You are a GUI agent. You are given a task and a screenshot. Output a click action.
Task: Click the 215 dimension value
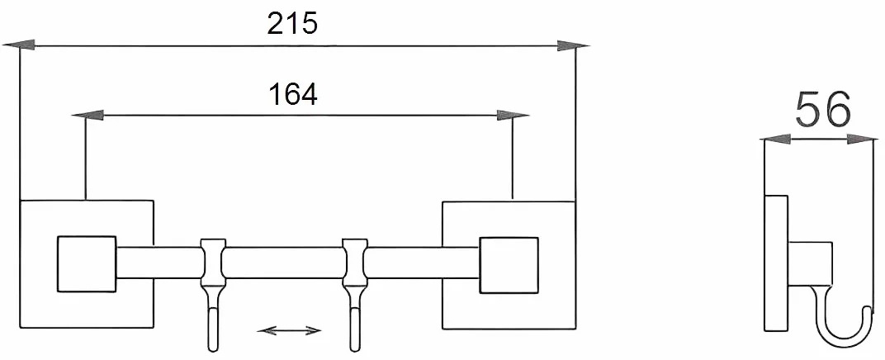[292, 23]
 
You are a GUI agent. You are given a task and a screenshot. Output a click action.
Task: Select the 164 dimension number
[292, 94]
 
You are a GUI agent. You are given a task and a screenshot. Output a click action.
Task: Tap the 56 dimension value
[822, 110]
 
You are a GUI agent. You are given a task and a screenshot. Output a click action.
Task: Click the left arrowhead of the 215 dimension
[19, 45]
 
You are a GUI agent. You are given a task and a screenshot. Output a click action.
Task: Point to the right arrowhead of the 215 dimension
[573, 45]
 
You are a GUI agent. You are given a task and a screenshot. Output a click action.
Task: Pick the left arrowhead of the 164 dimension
[88, 115]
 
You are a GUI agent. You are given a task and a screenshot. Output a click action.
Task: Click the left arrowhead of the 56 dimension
[774, 140]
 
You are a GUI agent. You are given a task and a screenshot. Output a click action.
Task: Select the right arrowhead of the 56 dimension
[863, 140]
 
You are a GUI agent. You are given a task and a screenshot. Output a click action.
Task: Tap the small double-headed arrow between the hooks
[289, 330]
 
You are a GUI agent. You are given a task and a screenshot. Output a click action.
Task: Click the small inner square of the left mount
[87, 263]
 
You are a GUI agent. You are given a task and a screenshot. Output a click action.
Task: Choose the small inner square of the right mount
[509, 265]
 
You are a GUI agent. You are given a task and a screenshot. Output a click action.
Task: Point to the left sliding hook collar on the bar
[213, 262]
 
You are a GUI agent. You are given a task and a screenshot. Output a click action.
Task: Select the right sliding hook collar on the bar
[355, 262]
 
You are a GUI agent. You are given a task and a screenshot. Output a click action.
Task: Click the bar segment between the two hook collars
[285, 263]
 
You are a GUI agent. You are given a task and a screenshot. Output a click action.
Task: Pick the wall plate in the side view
[776, 263]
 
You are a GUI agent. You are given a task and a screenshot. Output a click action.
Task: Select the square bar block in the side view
[810, 263]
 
